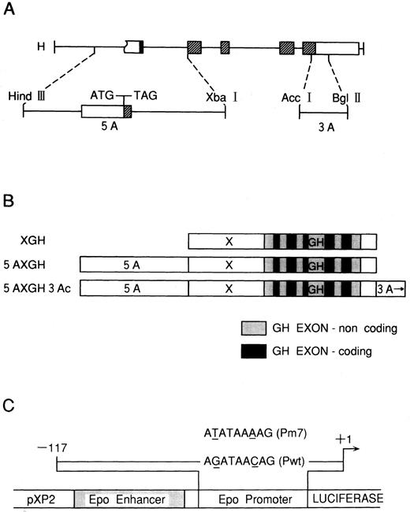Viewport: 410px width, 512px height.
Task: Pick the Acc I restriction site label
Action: pos(298,97)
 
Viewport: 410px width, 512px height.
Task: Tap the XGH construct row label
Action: pos(36,239)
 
